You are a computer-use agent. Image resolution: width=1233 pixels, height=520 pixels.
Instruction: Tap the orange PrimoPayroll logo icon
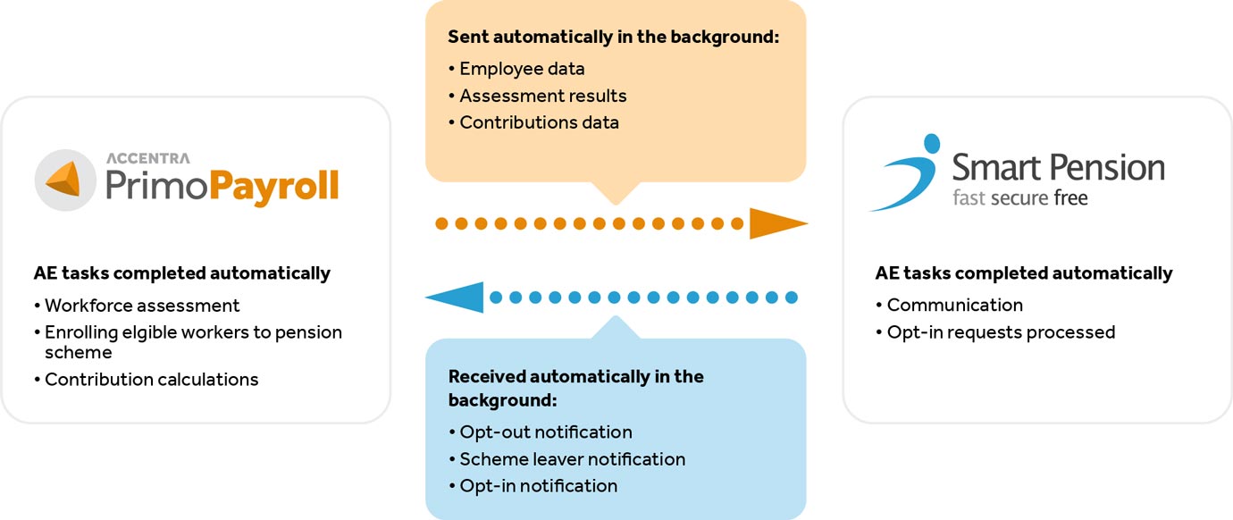[x=65, y=180]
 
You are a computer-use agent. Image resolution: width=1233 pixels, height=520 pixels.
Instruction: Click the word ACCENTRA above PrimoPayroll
[x=148, y=158]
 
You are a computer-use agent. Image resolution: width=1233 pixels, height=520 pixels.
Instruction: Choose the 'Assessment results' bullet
[x=537, y=96]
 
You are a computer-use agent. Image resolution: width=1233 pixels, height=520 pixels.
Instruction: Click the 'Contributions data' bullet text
[x=533, y=122]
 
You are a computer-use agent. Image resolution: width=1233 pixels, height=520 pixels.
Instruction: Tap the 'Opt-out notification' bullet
[x=540, y=432]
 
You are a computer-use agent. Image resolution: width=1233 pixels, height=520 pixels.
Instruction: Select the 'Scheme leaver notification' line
[x=567, y=459]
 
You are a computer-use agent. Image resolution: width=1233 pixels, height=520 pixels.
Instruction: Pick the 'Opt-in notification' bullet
[x=533, y=486]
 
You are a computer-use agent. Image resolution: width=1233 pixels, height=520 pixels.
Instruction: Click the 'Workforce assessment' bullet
[x=137, y=306]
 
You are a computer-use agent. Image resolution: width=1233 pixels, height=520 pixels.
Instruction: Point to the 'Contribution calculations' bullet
[x=146, y=379]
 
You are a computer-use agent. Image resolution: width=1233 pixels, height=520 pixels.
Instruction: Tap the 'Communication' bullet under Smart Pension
[x=950, y=305]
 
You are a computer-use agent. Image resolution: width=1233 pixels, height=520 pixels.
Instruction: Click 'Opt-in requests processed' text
[x=995, y=332]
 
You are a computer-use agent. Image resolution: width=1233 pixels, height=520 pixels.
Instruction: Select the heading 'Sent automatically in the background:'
[x=614, y=37]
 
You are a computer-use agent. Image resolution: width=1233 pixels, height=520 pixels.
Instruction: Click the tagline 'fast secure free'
[x=1020, y=197]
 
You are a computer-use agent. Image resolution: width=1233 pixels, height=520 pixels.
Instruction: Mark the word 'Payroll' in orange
[x=273, y=187]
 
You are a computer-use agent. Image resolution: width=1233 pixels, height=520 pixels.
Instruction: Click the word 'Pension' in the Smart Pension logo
[x=1109, y=167]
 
